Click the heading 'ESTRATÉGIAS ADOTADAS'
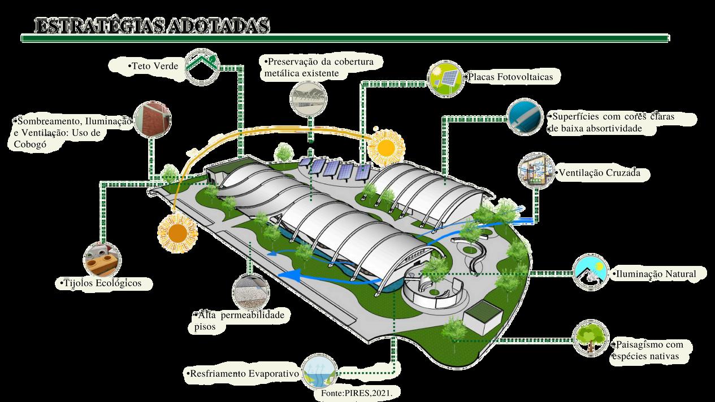[x=151, y=26]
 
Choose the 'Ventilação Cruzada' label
[x=598, y=173]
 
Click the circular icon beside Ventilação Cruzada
[x=536, y=169]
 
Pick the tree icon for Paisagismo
[x=591, y=338]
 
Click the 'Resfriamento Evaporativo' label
[x=243, y=374]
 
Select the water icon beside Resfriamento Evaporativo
[x=319, y=372]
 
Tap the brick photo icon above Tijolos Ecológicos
[x=102, y=259]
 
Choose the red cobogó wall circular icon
[x=152, y=119]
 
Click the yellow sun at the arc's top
[x=387, y=148]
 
